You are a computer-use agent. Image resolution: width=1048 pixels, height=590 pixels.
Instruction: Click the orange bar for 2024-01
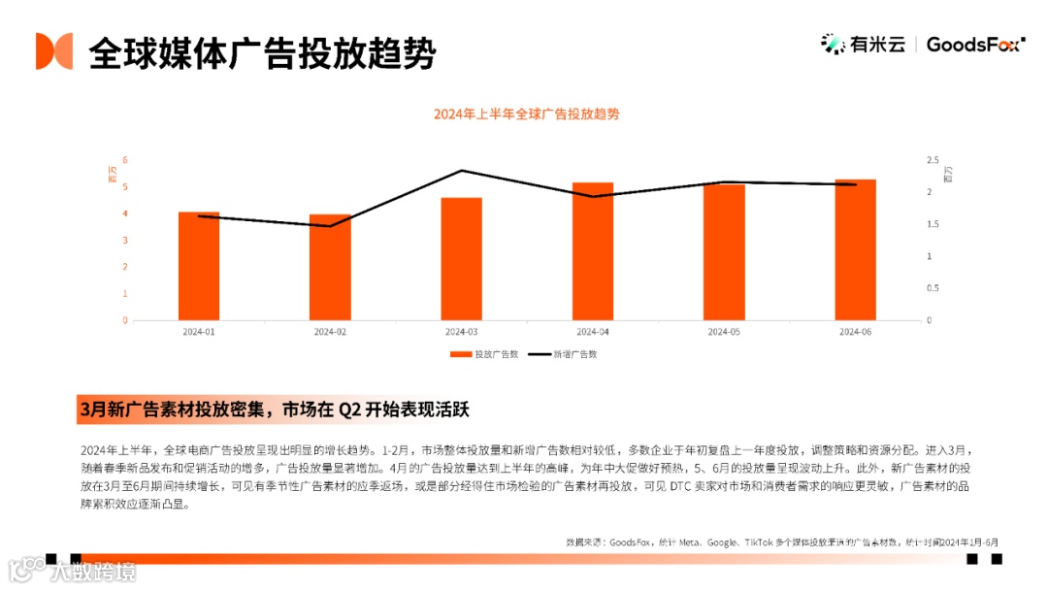[199, 266]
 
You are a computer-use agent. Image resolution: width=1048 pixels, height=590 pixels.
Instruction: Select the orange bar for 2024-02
[330, 267]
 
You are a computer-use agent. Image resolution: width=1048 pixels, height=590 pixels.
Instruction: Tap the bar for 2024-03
[461, 259]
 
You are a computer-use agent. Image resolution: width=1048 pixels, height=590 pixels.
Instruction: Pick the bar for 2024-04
[592, 251]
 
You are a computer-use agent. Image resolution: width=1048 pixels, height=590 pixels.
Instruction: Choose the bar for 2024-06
[855, 249]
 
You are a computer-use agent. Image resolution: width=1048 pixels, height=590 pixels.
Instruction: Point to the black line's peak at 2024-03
[461, 171]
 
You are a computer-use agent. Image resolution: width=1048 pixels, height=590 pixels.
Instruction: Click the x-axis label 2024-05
[723, 332]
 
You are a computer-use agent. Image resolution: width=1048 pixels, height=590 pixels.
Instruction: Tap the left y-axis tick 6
[124, 160]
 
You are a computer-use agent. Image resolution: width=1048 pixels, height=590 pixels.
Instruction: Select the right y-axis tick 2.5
[932, 160]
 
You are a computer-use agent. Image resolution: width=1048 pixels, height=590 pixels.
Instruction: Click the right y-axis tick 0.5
[932, 288]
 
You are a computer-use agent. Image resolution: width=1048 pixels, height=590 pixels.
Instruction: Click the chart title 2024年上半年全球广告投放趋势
[526, 114]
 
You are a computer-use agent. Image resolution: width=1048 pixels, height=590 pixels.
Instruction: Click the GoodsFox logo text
[974, 44]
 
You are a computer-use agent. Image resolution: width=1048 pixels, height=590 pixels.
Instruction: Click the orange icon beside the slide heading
[54, 51]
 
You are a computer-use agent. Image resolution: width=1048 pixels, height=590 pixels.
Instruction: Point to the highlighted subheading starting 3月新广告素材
[274, 409]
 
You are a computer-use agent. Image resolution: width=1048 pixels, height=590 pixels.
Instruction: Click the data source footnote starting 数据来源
[781, 541]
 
